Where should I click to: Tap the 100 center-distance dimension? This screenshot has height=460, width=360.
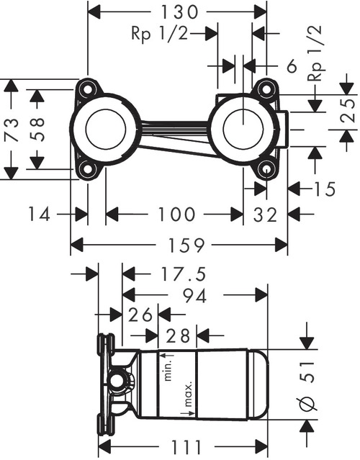click(176, 214)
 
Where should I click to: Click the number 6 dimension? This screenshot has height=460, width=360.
click(291, 66)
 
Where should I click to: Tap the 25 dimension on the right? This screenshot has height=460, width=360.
click(348, 111)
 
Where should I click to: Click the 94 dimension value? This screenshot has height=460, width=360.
click(191, 294)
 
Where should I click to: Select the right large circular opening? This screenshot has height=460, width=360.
click(245, 130)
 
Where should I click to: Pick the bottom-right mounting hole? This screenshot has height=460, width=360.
click(267, 170)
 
